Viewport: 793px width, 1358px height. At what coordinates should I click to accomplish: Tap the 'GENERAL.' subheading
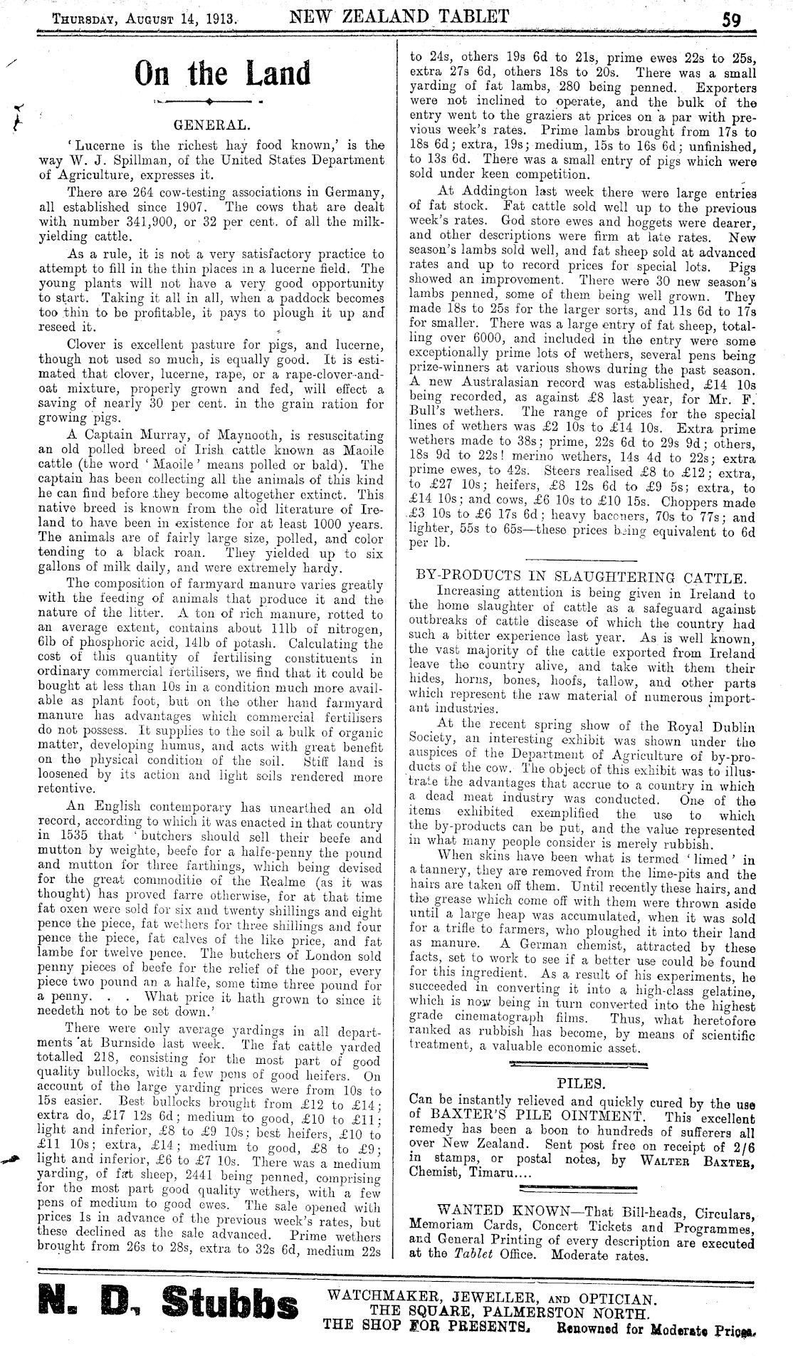click(x=212, y=126)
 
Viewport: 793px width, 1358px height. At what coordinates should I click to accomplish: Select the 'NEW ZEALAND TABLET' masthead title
click(x=399, y=16)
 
